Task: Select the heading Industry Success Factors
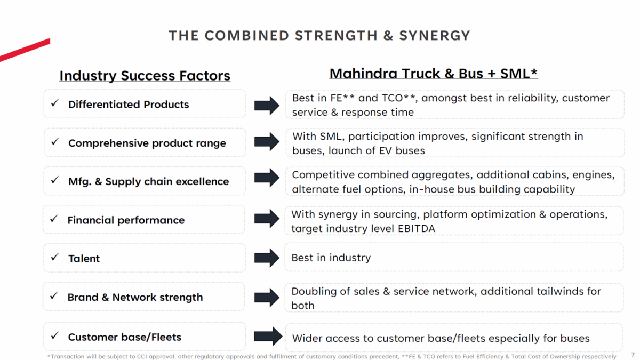[x=145, y=76]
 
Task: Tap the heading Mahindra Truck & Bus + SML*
[x=433, y=74]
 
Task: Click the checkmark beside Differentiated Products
[x=54, y=103]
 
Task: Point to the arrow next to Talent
[x=267, y=258]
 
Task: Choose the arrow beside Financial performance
[x=267, y=219]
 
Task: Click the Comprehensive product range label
[x=147, y=143]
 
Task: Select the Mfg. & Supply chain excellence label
[x=148, y=181]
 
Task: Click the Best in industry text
[x=331, y=258]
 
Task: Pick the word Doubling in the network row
[x=314, y=291]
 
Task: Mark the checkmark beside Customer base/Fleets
[x=54, y=336]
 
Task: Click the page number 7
[x=633, y=354]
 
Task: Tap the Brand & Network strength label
[x=135, y=297]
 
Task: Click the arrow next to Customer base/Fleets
[x=268, y=337]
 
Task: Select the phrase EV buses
[x=403, y=150]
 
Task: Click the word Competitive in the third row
[x=323, y=175]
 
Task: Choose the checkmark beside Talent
[x=54, y=258]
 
